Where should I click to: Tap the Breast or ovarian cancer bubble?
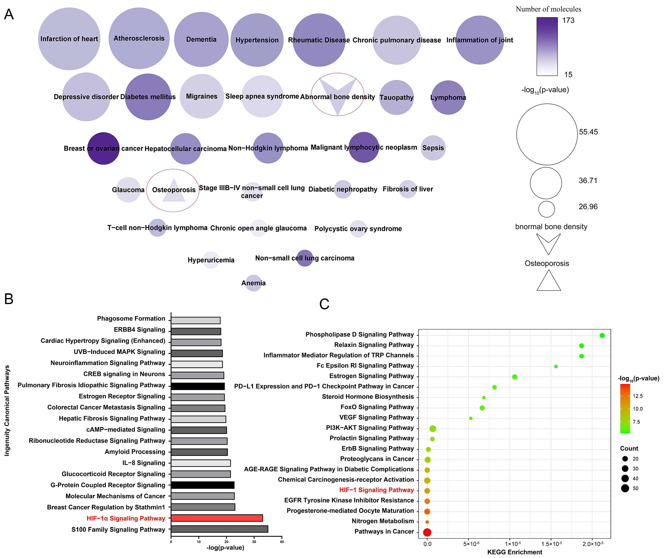103,148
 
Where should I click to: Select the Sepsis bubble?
433,148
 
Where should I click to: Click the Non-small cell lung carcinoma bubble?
305,258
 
